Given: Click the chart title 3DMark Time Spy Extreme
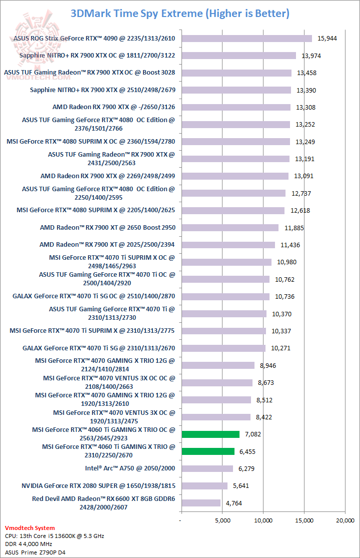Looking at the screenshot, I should pyautogui.click(x=180, y=14).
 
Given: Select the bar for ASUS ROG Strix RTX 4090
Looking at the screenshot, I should pyautogui.click(x=246, y=39).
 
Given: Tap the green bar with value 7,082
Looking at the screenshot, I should pyautogui.click(x=210, y=434).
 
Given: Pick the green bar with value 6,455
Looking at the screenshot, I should pyautogui.click(x=208, y=451).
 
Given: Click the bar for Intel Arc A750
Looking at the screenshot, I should pyautogui.click(x=206, y=468).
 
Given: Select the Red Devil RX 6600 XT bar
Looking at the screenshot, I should pyautogui.click(x=200, y=503).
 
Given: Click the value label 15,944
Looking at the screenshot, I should pyautogui.click(x=327, y=39).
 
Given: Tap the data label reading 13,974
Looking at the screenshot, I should pyautogui.click(x=311, y=56).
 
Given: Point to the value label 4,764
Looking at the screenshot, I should pyautogui.click(x=233, y=503).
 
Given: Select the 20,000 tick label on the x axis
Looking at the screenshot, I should pyautogui.click(x=345, y=520).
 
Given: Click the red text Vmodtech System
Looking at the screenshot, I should pyautogui.click(x=29, y=528).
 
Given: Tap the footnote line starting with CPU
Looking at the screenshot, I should pyautogui.click(x=54, y=536).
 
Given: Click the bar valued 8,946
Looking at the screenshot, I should pyautogui.click(x=218, y=365).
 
